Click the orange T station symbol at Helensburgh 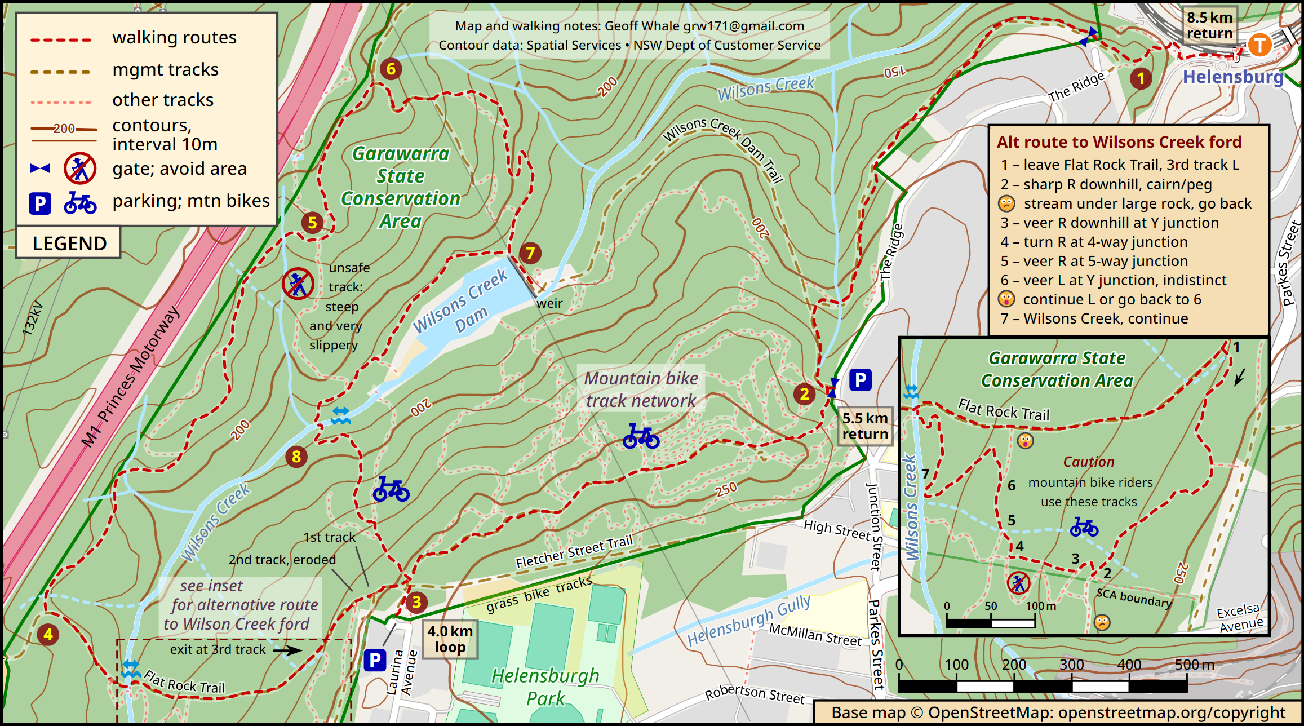(1259, 45)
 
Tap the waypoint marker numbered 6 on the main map (391, 69)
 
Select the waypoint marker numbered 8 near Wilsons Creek (296, 456)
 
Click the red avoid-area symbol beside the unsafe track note (298, 284)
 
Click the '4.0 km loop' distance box (450, 639)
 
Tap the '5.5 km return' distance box (865, 426)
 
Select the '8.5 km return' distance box (1209, 25)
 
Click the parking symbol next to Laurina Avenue (375, 659)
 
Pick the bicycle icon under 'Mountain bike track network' (641, 437)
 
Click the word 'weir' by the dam (549, 303)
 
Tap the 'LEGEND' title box (69, 243)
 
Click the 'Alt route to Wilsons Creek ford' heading (1119, 142)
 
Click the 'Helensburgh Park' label (545, 687)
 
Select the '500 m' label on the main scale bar (1194, 665)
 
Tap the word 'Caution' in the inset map (1088, 462)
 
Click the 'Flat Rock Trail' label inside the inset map (1004, 410)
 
